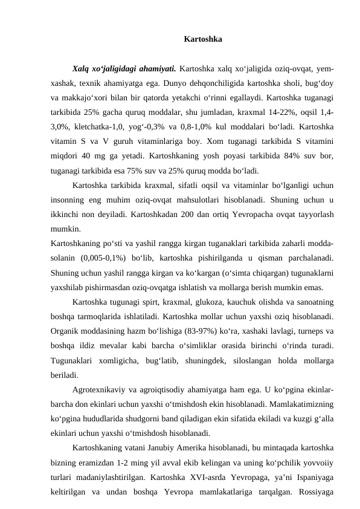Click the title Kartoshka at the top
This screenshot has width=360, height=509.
point(202,40)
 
